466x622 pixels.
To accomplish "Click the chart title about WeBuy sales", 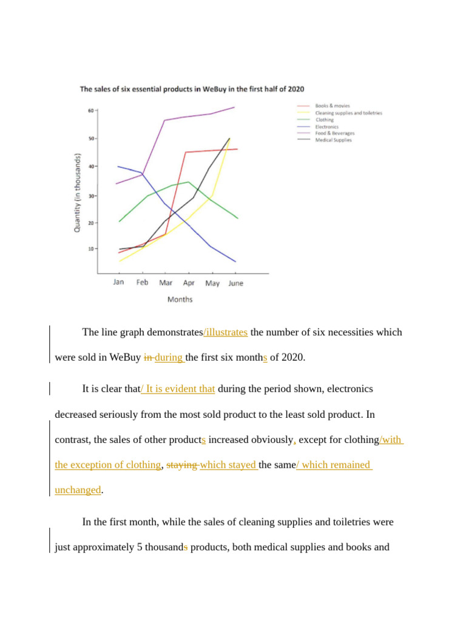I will pos(192,89).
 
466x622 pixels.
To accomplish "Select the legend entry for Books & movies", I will pos(332,106).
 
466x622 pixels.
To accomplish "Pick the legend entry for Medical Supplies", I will pos(333,140).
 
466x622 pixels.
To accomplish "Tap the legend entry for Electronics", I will pos(328,126).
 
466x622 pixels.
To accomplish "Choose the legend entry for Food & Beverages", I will pos(334,133).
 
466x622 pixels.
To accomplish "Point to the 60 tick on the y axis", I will pos(91,111).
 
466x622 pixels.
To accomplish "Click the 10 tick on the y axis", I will pos(91,249).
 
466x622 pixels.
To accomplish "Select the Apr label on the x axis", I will pos(189,283).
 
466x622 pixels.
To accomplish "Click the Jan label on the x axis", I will pos(119,282).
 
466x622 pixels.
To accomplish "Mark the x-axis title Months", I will pos(180,299).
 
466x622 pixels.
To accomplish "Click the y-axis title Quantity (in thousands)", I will pos(78,192).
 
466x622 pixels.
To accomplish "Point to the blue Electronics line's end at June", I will pos(235,262).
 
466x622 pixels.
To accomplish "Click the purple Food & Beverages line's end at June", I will pos(235,107).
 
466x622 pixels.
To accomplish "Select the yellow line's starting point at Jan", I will pos(120,261).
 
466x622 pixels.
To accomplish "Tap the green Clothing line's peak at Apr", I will pos(189,182).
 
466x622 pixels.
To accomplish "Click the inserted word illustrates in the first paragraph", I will pos(226,332).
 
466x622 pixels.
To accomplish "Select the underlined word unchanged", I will pos(78,490).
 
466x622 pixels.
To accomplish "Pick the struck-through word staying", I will pos(181,465).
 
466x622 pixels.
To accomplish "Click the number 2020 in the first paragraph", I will pos(294,358).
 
